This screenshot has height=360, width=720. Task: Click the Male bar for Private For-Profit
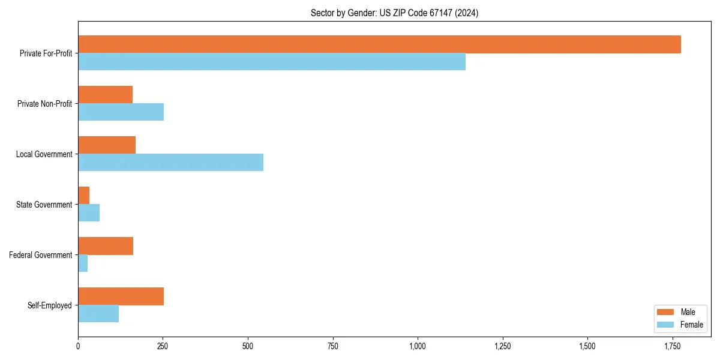[x=379, y=44]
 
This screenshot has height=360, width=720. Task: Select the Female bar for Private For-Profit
[x=272, y=62]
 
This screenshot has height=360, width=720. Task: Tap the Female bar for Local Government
[x=170, y=163]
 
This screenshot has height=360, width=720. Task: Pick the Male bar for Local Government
[x=107, y=145]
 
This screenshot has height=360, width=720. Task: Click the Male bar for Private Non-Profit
[x=105, y=95]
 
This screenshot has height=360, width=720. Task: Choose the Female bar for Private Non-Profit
[x=121, y=112]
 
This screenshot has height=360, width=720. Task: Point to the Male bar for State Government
[x=84, y=196]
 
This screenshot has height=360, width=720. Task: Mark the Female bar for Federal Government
[x=83, y=263]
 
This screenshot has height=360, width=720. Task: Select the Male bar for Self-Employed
[x=121, y=296]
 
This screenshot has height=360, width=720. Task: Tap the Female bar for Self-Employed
[x=98, y=314]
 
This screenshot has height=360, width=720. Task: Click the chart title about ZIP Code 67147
[x=394, y=13]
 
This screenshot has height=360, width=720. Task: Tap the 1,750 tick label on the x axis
[x=672, y=346]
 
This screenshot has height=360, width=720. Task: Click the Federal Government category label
[x=41, y=255]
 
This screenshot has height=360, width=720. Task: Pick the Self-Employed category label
[x=50, y=305]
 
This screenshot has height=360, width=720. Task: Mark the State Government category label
[x=44, y=205]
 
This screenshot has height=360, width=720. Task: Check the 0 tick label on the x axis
[x=78, y=346]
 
